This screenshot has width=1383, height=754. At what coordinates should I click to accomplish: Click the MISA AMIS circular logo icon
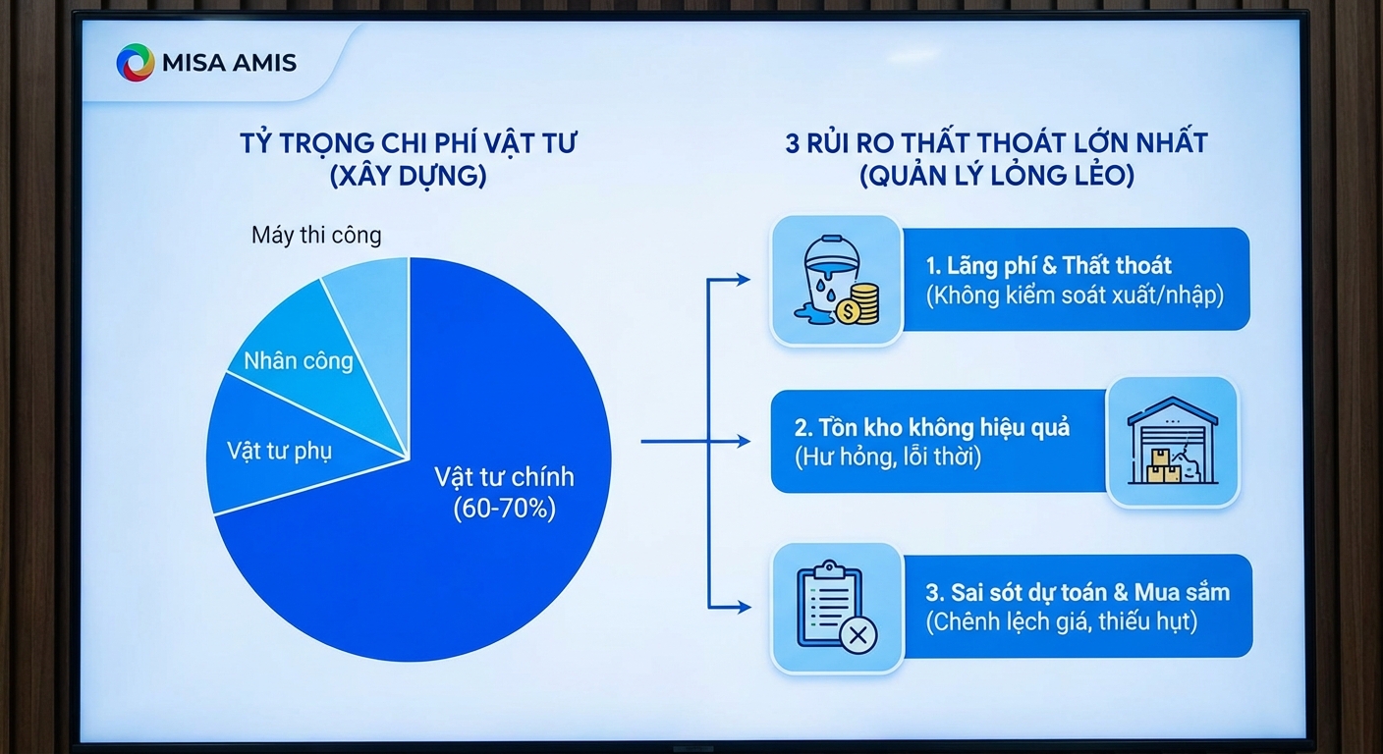click(136, 62)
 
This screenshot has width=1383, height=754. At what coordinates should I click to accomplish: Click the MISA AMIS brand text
click(229, 63)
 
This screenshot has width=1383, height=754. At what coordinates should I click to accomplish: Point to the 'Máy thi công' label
click(316, 235)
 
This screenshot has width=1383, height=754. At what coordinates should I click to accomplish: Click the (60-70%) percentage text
click(505, 509)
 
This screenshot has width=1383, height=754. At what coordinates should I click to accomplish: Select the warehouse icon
click(1173, 440)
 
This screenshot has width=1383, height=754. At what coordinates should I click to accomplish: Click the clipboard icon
click(829, 604)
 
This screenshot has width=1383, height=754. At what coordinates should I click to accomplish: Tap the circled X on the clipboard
click(857, 634)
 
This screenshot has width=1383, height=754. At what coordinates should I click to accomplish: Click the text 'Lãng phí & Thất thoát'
click(1048, 266)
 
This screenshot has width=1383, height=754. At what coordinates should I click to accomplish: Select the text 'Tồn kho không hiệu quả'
click(932, 428)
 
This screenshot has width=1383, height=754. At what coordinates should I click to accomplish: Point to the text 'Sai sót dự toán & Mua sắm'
click(1078, 592)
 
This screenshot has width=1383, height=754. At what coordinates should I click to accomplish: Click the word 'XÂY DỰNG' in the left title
click(408, 176)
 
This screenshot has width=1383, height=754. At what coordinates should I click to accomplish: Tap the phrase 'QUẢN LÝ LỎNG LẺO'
click(997, 176)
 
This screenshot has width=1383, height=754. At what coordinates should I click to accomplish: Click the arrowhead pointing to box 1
click(744, 280)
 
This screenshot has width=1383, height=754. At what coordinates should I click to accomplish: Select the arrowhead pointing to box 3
click(744, 607)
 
